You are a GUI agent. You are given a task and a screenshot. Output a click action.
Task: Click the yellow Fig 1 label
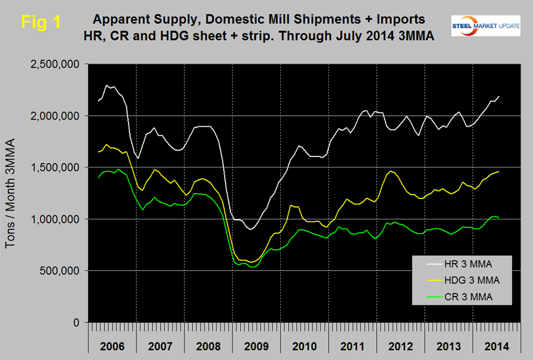(41, 21)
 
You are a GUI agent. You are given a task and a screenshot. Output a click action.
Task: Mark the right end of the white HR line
(499, 97)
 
